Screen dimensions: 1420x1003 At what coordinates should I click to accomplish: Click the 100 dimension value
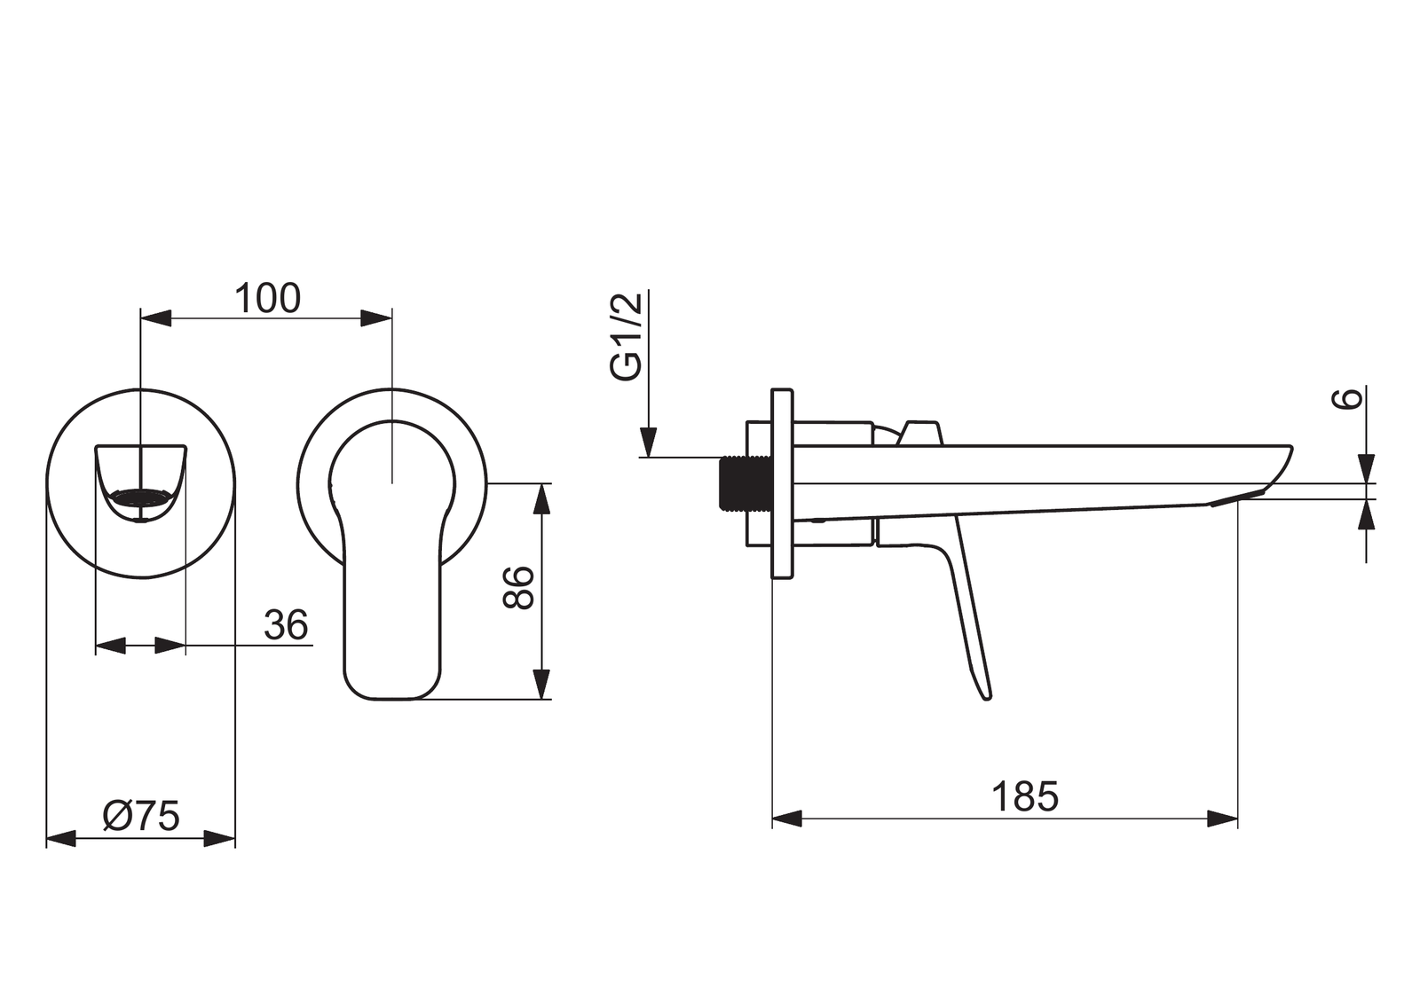267,299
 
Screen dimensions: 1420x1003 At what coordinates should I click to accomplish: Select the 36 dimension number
286,624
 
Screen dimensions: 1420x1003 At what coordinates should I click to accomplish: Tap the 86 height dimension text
518,588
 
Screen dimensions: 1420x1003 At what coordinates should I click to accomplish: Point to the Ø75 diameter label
141,816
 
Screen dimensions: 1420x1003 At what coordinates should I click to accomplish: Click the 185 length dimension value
1025,796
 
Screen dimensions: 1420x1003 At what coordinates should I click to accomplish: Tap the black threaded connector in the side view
746,482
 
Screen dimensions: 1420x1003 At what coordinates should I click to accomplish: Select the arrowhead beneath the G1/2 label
648,442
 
